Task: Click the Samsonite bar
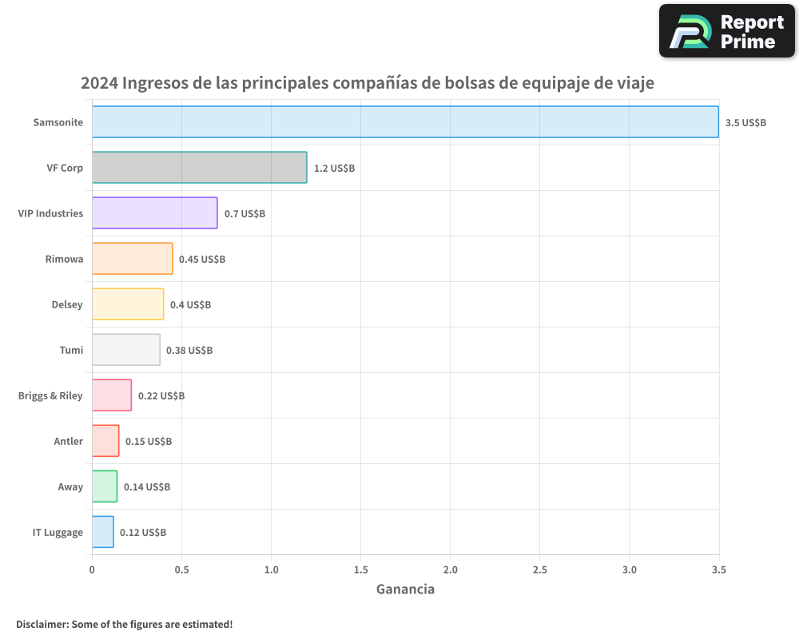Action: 405,122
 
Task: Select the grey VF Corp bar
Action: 199,168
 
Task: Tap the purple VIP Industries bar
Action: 154,213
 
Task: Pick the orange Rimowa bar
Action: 132,259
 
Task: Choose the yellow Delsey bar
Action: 128,304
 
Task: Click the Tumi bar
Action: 125,350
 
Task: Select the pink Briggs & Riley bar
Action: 112,395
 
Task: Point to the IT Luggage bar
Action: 102,532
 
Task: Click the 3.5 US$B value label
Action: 745,123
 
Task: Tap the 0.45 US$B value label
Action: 202,260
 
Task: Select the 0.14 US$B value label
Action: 147,487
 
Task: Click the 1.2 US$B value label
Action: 334,169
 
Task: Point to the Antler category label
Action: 68,442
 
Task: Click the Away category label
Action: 70,487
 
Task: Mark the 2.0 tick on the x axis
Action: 450,570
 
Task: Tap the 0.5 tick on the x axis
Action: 181,570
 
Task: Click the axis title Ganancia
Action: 405,589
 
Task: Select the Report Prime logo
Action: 727,31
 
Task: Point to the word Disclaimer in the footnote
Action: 42,625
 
